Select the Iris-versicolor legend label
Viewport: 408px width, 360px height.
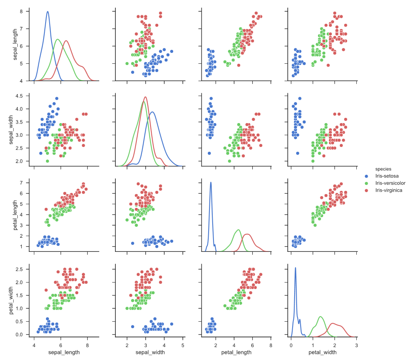(x=389, y=183)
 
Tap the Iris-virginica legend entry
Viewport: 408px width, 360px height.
(x=389, y=190)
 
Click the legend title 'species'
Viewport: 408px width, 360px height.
(x=381, y=169)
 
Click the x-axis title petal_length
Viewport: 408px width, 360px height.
(x=236, y=352)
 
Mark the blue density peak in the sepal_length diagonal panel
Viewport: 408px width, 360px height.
(x=48, y=12)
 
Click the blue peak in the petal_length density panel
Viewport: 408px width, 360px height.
(x=211, y=182)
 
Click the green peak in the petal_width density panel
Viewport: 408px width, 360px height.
(x=320, y=316)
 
